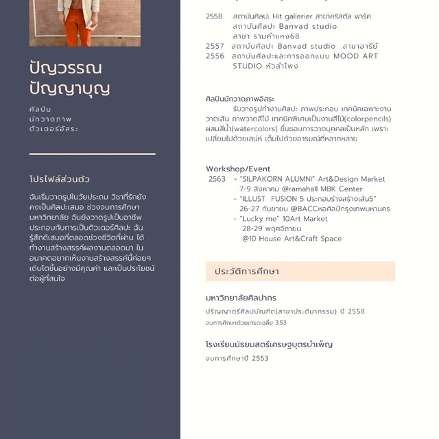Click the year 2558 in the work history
pos(214,16)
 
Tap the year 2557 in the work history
pos(215,47)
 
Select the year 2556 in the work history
pos(215,56)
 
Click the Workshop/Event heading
pos(238,169)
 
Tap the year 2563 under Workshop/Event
pos(217,179)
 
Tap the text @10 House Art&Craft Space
pos(292,239)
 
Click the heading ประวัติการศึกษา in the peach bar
pos(247,272)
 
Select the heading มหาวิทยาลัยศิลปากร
pos(241,298)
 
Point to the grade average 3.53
pos(281,322)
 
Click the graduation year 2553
pos(260,358)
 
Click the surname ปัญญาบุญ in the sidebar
pos(69,88)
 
